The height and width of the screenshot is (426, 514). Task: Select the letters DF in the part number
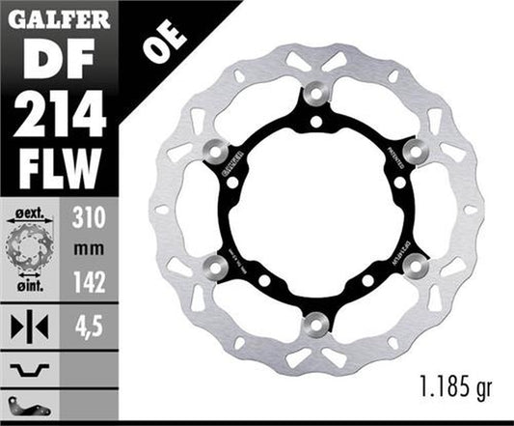click(x=54, y=57)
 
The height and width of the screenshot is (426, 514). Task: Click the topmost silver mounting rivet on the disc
click(x=315, y=95)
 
